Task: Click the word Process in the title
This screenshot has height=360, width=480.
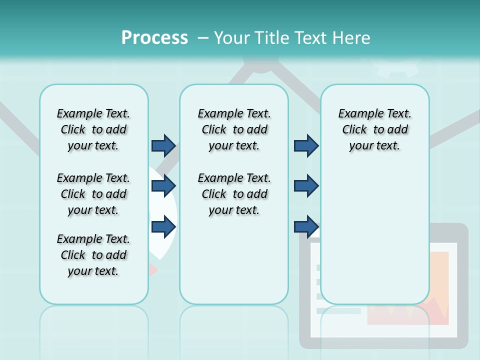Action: click(x=154, y=37)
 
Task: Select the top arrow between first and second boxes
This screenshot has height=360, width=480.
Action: click(x=163, y=146)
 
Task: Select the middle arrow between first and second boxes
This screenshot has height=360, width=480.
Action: click(x=163, y=186)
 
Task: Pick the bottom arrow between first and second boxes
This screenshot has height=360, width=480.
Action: click(x=163, y=226)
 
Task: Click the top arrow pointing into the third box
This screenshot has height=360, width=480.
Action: click(x=306, y=146)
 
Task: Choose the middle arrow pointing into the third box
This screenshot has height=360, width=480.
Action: click(x=306, y=186)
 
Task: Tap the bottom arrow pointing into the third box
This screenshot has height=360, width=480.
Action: click(x=306, y=226)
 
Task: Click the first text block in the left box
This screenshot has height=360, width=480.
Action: click(x=93, y=129)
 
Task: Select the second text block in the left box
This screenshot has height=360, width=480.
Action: click(x=93, y=194)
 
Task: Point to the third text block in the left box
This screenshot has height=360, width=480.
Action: click(x=93, y=255)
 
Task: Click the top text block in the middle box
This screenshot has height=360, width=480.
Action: click(x=234, y=129)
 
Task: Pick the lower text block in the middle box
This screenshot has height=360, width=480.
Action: click(x=234, y=194)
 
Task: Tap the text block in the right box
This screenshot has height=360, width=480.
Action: click(x=374, y=129)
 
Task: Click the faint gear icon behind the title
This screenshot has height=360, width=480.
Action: click(x=397, y=67)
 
